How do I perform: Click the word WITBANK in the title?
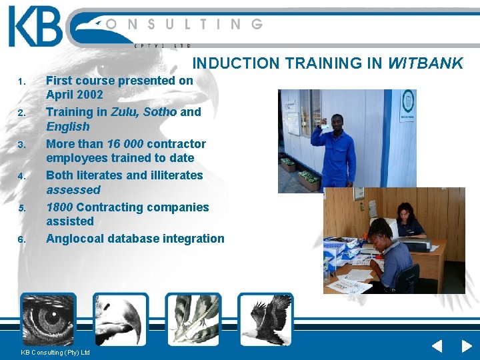(425, 64)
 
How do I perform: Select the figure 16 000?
(125, 143)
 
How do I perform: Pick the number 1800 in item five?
(60, 207)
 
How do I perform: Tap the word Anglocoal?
(75, 239)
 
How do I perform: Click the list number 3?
(21, 145)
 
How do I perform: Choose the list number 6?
(21, 239)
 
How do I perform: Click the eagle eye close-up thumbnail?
(48, 319)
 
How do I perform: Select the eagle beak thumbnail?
(120, 319)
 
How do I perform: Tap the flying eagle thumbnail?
(265, 319)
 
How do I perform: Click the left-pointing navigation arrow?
(436, 346)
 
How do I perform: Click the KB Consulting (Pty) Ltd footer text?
(55, 352)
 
